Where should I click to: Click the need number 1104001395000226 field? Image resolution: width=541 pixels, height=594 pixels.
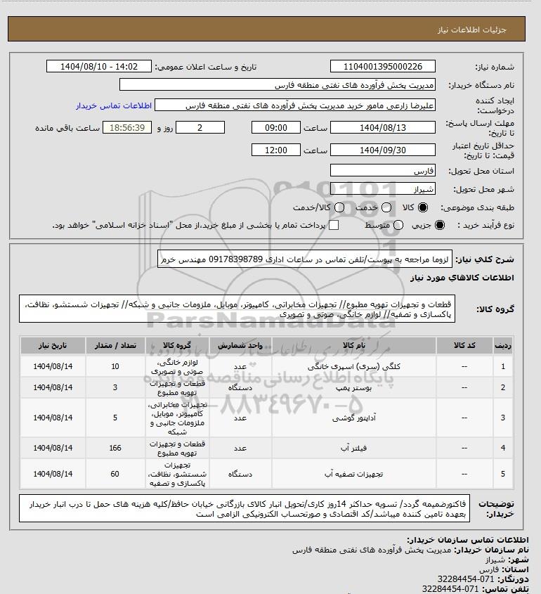(383, 67)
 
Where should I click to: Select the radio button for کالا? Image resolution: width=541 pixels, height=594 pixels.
(423, 208)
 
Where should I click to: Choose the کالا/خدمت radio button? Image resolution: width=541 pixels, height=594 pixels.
(339, 208)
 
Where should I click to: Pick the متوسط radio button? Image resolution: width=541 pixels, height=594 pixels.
(399, 225)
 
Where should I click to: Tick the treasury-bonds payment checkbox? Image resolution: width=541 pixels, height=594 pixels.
(334, 225)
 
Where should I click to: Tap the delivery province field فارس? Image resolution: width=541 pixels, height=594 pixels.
(383, 171)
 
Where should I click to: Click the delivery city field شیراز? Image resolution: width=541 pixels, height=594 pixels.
(383, 188)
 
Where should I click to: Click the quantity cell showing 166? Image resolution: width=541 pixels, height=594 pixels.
(115, 447)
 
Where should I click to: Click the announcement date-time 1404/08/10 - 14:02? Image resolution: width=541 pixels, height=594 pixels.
(98, 67)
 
